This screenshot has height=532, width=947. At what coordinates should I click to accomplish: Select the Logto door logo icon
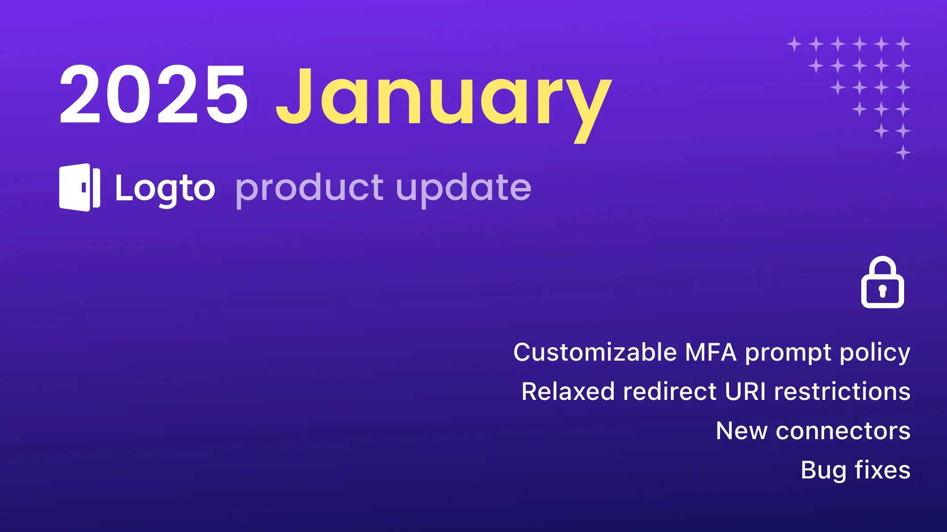point(80,187)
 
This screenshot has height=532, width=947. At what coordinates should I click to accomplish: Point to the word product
point(309,189)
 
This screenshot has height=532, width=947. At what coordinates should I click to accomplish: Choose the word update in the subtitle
point(464,189)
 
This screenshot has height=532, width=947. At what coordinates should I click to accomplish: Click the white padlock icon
point(882,282)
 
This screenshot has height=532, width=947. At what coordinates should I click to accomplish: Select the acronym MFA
point(710,352)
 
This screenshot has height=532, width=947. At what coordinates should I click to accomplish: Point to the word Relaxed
point(568,391)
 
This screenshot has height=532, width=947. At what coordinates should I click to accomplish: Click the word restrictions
point(842,391)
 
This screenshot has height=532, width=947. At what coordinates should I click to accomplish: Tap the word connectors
point(843,431)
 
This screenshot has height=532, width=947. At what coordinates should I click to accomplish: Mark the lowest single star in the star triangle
point(903,153)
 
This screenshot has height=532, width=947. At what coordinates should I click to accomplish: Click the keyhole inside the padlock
point(882,291)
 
